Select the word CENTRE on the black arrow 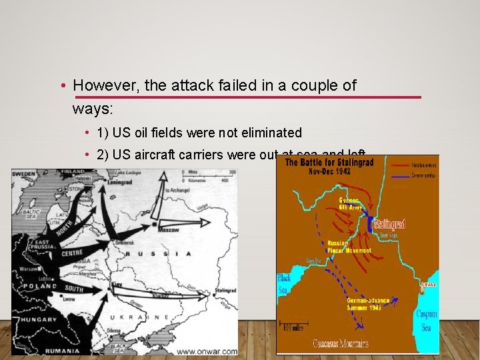[72, 253]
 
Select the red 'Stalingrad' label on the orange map [389, 224]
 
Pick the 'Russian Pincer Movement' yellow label [349, 247]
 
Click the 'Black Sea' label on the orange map [285, 282]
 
